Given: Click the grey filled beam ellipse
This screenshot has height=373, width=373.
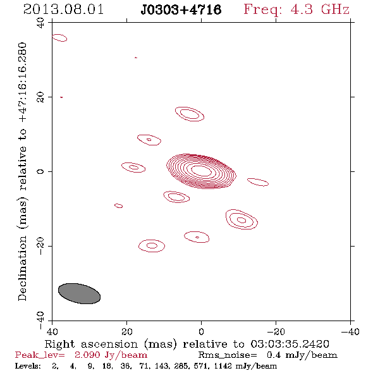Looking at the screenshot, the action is [79, 293].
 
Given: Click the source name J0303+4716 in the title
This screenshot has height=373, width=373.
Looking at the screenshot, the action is [181, 9].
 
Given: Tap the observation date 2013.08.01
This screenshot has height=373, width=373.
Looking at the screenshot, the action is [63, 9].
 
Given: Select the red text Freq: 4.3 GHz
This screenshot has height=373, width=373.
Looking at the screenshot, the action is [297, 9].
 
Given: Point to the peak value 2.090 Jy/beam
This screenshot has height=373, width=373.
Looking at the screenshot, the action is [111, 355].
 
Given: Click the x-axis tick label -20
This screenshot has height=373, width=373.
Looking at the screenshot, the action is [276, 331].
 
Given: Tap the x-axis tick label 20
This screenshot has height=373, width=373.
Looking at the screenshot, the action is [127, 331].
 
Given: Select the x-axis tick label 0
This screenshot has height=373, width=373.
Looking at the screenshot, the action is [201, 331].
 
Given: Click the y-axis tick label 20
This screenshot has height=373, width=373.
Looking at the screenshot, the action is [40, 97].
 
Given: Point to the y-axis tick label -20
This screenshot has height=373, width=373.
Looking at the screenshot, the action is [40, 246].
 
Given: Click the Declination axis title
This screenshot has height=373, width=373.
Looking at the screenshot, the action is [22, 171].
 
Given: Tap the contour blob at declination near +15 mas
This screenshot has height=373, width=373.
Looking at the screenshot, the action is [190, 114].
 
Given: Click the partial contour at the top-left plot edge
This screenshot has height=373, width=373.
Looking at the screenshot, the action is [59, 38].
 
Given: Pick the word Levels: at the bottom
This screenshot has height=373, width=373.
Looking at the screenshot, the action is [28, 366].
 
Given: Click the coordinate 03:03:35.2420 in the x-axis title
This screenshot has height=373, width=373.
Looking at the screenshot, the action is [290, 344].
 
